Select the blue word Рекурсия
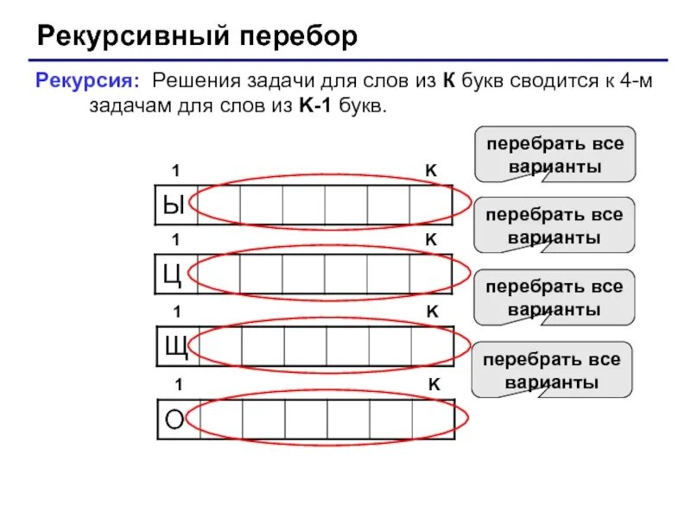pos(86,83)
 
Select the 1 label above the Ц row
pos(176,240)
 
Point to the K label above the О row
pos(434,384)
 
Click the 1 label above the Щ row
pos(176,311)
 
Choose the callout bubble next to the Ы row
pos(555,154)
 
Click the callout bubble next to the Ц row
pos(555,224)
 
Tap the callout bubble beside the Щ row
pos(555,297)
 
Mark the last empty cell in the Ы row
pos(431,205)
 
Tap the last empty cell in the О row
pos(433,419)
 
